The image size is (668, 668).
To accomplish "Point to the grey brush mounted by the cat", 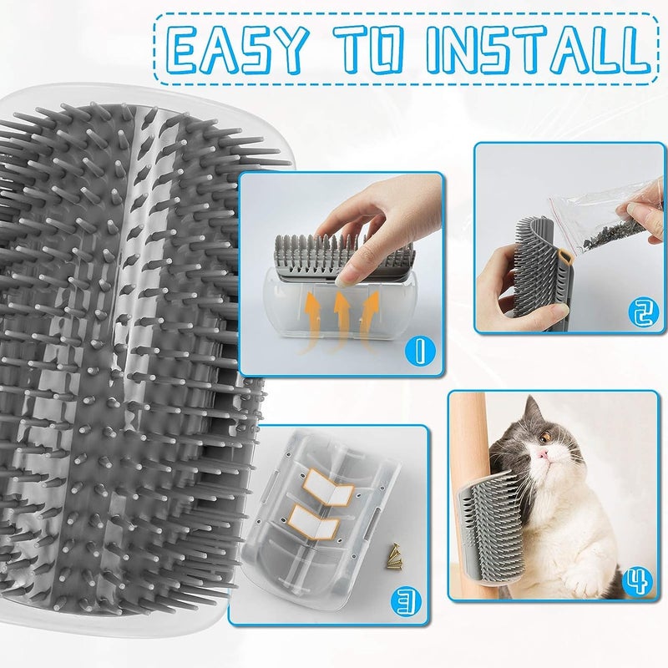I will [492, 527].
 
